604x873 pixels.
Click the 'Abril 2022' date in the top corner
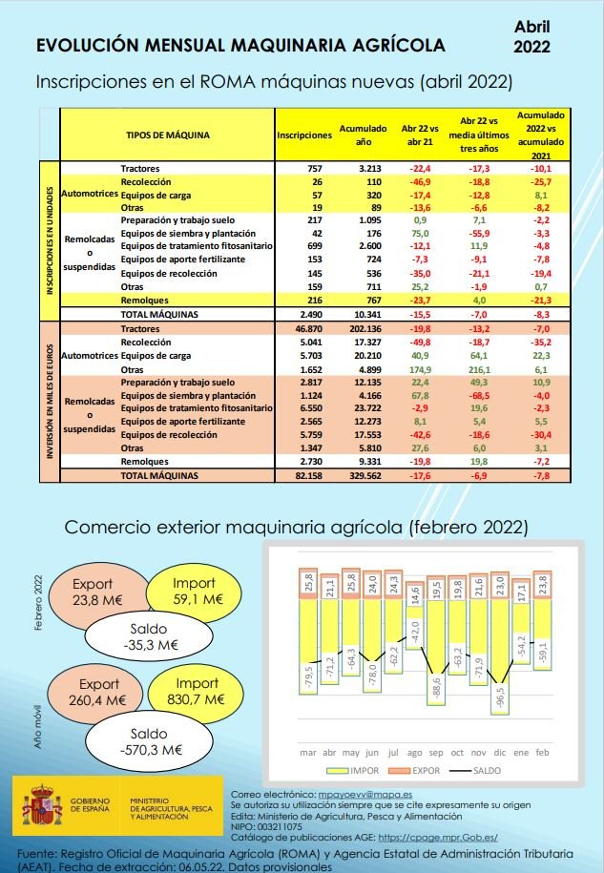531,36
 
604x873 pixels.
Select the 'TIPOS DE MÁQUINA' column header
168,135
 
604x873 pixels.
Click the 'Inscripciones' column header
304,135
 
